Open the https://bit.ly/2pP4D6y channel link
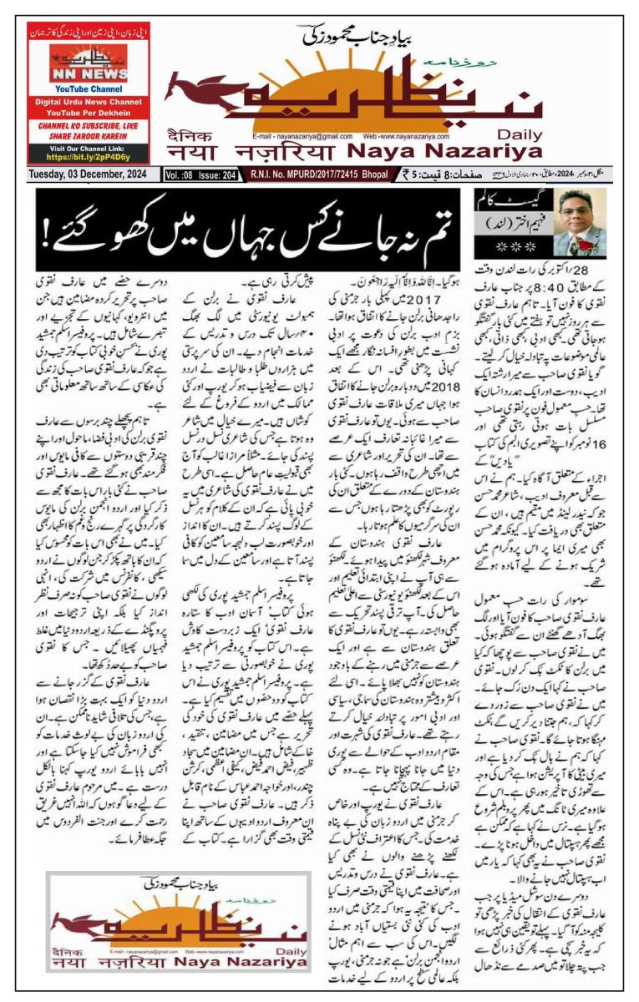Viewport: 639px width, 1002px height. point(88,155)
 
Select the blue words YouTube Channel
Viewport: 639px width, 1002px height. point(88,88)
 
